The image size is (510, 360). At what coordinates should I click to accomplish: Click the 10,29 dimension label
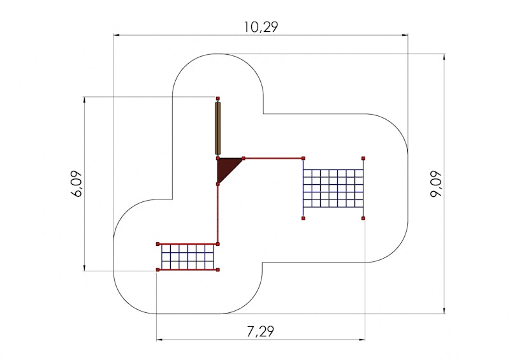coord(261,27)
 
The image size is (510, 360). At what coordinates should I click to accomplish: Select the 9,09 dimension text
coord(436,184)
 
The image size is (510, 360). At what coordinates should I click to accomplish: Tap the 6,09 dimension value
coord(76,184)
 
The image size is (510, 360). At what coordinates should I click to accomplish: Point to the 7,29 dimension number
coord(261,332)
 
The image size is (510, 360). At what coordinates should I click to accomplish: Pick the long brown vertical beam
coord(217,129)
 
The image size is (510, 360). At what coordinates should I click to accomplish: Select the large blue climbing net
coord(333,189)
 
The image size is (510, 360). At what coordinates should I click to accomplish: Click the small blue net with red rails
coord(187,257)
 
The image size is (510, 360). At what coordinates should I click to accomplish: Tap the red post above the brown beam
coord(218,98)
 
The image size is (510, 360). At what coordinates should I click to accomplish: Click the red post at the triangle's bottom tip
coord(218,184)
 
